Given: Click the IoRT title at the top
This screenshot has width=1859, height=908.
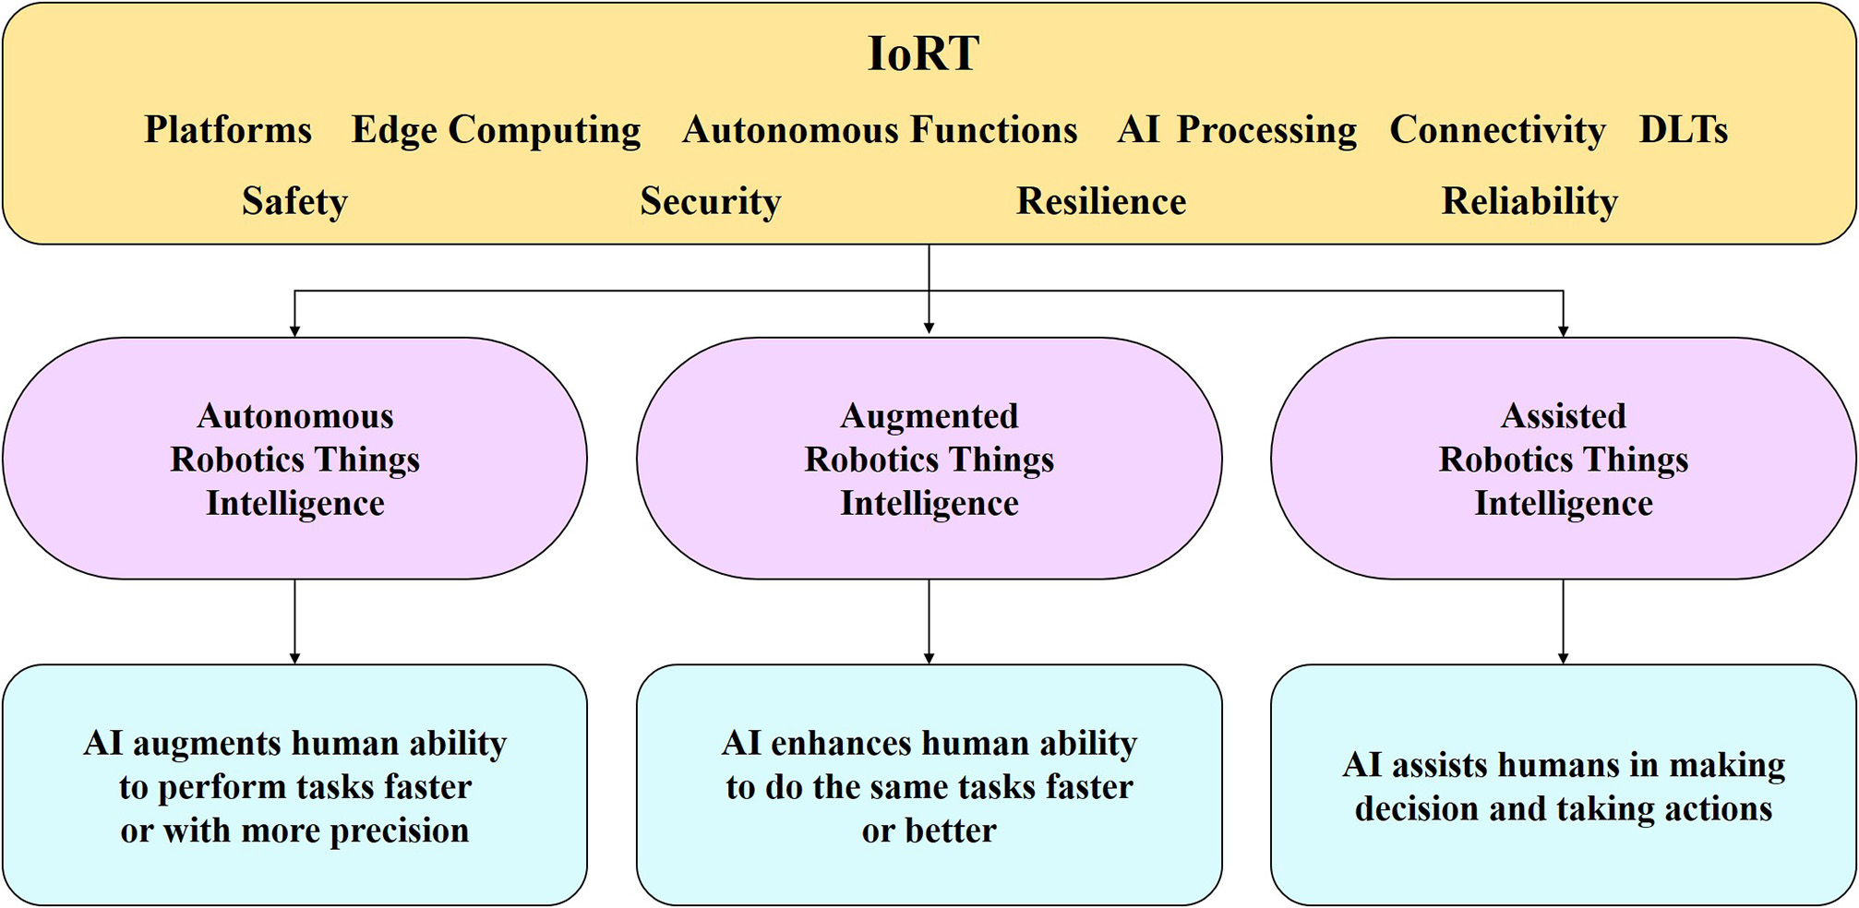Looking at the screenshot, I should pyautogui.click(x=923, y=54).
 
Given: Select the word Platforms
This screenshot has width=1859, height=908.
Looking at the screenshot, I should pyautogui.click(x=228, y=130).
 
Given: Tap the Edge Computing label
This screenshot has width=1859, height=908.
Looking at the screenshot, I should pyautogui.click(x=496, y=130).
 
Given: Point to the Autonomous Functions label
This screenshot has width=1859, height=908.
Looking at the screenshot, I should pyautogui.click(x=880, y=130).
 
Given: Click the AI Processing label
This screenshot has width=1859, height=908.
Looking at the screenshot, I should pyautogui.click(x=1237, y=130).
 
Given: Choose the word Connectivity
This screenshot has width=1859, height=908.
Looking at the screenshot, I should pyautogui.click(x=1497, y=130).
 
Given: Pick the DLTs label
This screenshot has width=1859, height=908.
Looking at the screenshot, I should pyautogui.click(x=1683, y=130).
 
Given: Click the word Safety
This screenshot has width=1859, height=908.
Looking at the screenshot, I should pyautogui.click(x=294, y=201).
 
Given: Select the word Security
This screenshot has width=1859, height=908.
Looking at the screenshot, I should pyautogui.click(x=710, y=201).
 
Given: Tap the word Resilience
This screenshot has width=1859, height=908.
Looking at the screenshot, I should pyautogui.click(x=1101, y=201).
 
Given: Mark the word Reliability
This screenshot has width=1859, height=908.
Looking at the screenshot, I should pyautogui.click(x=1529, y=201).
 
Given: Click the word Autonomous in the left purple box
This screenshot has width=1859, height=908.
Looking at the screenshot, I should pyautogui.click(x=295, y=416).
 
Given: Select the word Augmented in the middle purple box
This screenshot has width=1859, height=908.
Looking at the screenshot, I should pyautogui.click(x=929, y=416).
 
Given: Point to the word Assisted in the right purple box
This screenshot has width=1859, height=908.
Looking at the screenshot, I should pyautogui.click(x=1564, y=416).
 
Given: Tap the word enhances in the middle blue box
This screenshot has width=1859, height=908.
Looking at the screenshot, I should pyautogui.click(x=842, y=744).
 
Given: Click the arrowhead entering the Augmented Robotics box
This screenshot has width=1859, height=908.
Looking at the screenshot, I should pyautogui.click(x=929, y=328).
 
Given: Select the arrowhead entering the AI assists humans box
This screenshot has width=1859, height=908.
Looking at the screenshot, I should pyautogui.click(x=1564, y=658).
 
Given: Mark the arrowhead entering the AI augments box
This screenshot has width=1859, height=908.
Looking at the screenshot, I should pyautogui.click(x=295, y=658).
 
